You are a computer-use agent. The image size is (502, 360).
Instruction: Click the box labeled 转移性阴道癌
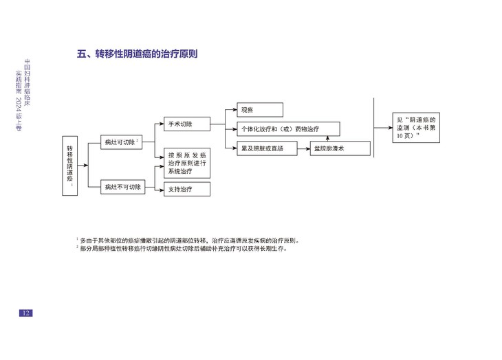[72, 166]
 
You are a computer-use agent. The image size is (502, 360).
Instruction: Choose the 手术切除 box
[186, 124]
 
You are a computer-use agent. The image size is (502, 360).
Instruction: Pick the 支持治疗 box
[186, 189]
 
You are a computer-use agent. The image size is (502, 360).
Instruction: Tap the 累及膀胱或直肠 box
[266, 148]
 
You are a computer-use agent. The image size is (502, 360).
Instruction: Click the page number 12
[25, 313]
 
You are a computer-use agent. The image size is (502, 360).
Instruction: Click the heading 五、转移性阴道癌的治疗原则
[142, 54]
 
